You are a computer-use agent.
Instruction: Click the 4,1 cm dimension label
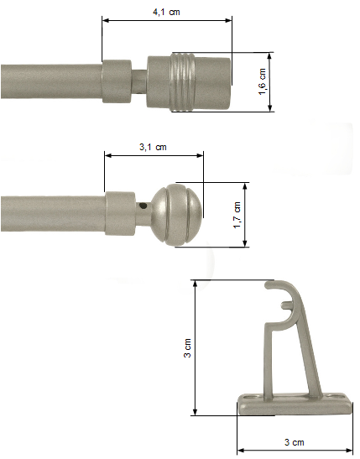[x=166, y=12]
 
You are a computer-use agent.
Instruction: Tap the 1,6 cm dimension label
[x=263, y=81]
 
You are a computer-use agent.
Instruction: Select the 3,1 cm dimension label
[x=153, y=147]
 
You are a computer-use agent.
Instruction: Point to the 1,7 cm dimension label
[x=237, y=215]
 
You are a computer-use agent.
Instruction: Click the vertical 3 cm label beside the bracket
[x=187, y=347]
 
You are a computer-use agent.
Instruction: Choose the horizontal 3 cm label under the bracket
[x=295, y=442]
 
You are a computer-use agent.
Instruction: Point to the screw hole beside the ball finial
[x=143, y=206]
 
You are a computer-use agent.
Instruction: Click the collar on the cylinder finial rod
[x=117, y=81]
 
